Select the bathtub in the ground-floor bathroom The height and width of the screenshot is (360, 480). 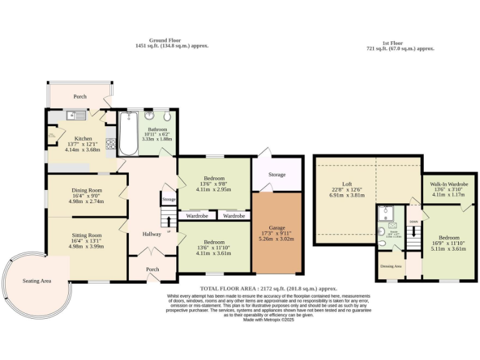coord(129,133)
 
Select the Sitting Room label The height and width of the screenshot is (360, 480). coord(85,235)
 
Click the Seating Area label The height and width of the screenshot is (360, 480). coord(36,281)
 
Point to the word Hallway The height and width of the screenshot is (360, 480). coord(151,234)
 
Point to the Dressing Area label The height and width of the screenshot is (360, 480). coord(391,266)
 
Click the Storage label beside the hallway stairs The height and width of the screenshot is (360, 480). coord(168,200)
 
